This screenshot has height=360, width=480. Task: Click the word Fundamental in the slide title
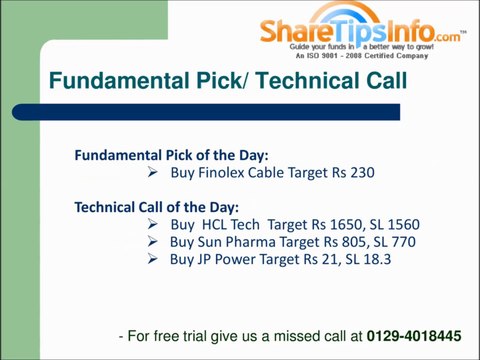pyautogui.click(x=109, y=81)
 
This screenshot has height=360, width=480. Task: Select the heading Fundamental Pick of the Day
pyautogui.click(x=171, y=155)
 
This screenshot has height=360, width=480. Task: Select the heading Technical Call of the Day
pyautogui.click(x=156, y=207)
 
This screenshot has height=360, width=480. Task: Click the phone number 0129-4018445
pyautogui.click(x=414, y=337)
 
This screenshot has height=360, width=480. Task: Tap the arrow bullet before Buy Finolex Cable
pyautogui.click(x=152, y=172)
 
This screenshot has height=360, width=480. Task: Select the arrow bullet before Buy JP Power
pyautogui.click(x=152, y=259)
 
